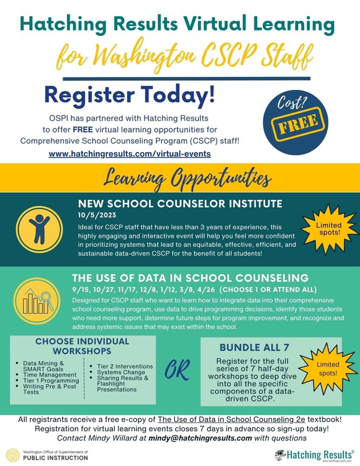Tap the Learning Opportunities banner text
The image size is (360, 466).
pos(180,180)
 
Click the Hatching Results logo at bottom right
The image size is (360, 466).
pos(313,455)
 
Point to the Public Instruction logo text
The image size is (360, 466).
pos(56,458)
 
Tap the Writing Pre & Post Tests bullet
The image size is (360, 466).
pos(52,388)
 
